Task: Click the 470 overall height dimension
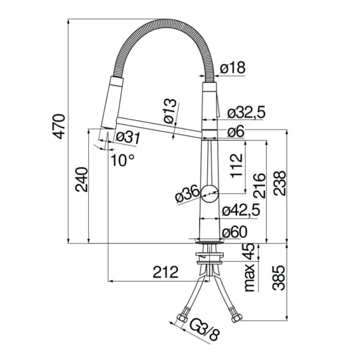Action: point(59,126)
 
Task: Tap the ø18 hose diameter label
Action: point(233,68)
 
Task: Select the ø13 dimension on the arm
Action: point(170,111)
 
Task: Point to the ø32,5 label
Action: point(246,112)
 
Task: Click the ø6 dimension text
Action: point(236,132)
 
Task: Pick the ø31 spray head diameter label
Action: point(127,138)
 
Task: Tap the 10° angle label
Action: point(122,160)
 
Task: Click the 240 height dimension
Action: point(82,179)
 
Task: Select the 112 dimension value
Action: point(236,166)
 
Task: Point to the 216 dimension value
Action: point(259,186)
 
